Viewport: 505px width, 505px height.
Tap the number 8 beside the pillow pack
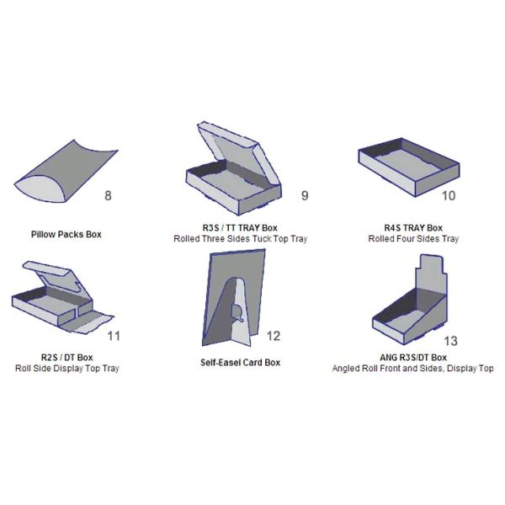point(108,195)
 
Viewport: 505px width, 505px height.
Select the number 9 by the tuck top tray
point(305,195)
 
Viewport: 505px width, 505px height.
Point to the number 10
point(449,195)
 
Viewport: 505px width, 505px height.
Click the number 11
point(114,336)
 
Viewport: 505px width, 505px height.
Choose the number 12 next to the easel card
point(274,336)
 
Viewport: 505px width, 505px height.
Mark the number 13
point(450,341)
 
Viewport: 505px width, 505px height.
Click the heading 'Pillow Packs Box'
point(66,234)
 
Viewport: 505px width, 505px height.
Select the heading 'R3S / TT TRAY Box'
point(240,228)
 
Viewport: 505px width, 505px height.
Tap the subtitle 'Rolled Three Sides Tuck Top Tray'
point(240,239)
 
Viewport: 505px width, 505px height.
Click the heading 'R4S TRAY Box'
point(413,228)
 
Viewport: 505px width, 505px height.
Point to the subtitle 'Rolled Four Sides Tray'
point(413,239)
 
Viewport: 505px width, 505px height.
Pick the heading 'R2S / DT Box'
point(67,357)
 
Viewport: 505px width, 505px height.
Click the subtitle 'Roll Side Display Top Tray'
point(67,368)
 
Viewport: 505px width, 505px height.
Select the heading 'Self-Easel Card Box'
point(240,362)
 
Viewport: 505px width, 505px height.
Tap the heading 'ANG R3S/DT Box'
point(413,357)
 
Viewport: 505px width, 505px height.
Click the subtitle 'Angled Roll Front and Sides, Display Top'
point(413,368)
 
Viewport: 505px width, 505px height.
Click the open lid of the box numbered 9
point(238,151)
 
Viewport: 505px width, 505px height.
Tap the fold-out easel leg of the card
point(242,312)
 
